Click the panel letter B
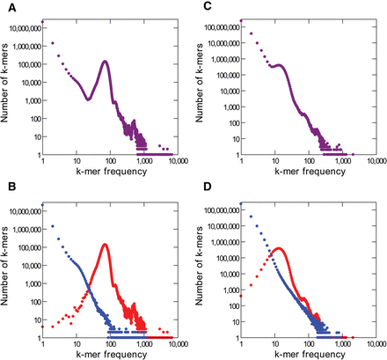pos(4,189)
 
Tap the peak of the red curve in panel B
pos(106,245)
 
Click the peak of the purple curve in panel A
pos(105,62)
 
